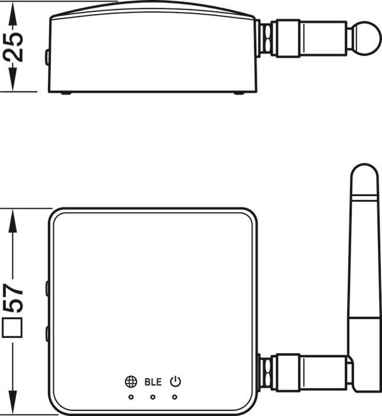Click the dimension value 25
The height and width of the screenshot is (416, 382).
pos(13,47)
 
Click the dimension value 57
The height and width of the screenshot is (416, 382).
pos(13,297)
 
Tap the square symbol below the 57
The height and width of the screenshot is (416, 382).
pos(12,328)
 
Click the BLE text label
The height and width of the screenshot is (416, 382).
pos(153,382)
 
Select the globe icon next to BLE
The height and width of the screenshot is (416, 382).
pos(131,382)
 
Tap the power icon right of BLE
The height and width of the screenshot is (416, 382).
pos(176,382)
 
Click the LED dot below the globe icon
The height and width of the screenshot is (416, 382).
pos(131,397)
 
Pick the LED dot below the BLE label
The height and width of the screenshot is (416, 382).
pos(153,397)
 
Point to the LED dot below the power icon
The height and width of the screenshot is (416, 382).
pos(174,397)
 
